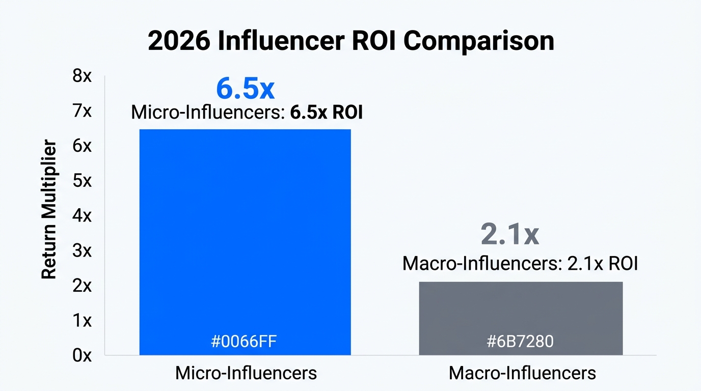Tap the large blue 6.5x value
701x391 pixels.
pyautogui.click(x=245, y=89)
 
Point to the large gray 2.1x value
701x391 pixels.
pyautogui.click(x=509, y=235)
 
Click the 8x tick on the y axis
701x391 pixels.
pyautogui.click(x=82, y=76)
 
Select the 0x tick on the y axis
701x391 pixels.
pyautogui.click(x=82, y=355)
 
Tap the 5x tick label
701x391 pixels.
pyautogui.click(x=82, y=181)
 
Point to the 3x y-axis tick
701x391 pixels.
pyautogui.click(x=82, y=250)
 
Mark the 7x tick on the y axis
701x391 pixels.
pyautogui.click(x=82, y=111)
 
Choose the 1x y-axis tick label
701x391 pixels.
pyautogui.click(x=82, y=320)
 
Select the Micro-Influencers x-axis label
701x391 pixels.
pyautogui.click(x=246, y=373)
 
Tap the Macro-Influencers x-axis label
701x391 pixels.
pyautogui.click(x=522, y=373)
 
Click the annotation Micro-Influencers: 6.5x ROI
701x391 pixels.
pyautogui.click(x=247, y=113)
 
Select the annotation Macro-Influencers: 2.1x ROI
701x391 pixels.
pyautogui.click(x=520, y=264)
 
